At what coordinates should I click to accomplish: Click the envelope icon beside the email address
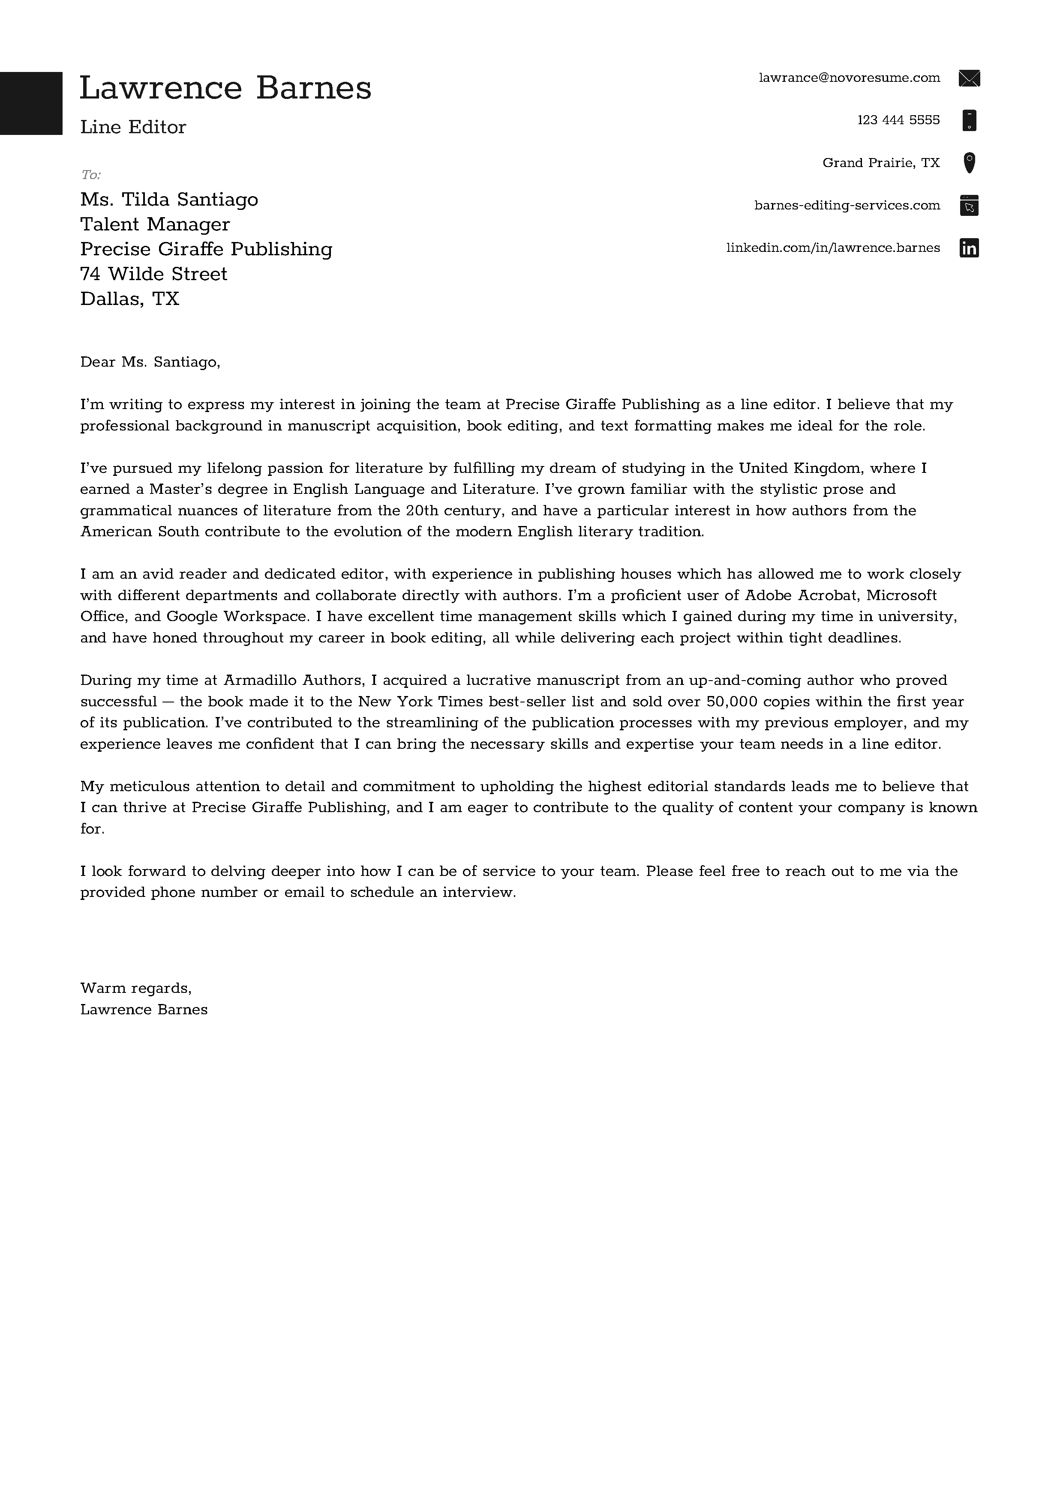point(969,78)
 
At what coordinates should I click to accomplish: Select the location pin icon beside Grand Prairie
point(969,163)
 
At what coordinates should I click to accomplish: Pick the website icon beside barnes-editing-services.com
point(969,206)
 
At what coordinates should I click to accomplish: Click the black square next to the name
point(31,103)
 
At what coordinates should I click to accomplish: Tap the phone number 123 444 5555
point(898,120)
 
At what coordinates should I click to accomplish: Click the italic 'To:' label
point(90,175)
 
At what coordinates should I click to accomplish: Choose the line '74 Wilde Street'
point(153,274)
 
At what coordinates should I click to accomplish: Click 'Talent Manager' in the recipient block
point(155,224)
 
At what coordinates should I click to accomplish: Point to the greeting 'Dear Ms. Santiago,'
point(150,362)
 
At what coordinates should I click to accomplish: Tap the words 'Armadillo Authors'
point(293,680)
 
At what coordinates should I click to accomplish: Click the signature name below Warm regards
point(144,1010)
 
